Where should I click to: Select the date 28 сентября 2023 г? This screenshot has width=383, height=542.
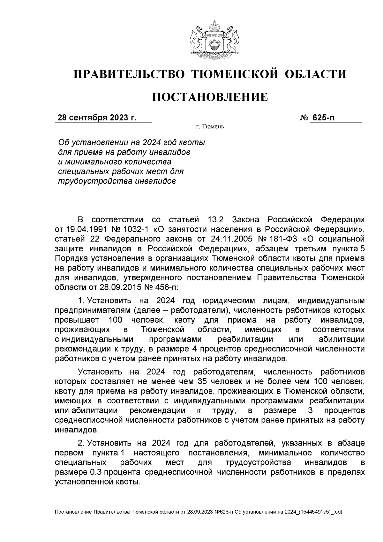(97, 118)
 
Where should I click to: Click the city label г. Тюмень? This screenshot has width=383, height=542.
(210, 127)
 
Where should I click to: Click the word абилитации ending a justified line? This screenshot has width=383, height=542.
(342, 339)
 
